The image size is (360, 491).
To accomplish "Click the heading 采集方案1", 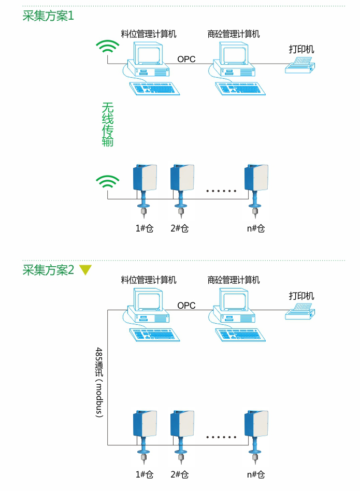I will click(48, 16).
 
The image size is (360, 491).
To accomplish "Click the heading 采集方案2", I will click(48, 270).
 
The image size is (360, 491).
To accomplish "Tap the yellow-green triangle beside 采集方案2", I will click(85, 270).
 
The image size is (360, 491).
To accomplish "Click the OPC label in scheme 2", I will click(186, 306).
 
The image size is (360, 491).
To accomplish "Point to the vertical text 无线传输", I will click(107, 124).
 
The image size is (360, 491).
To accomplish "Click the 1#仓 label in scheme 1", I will click(145, 228).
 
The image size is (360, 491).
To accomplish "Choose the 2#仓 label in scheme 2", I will click(179, 474).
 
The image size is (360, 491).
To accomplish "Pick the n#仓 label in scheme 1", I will click(255, 228).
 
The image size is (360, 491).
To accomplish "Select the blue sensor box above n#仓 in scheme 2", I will click(257, 423).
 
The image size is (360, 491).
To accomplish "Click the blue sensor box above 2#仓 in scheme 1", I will click(182, 177).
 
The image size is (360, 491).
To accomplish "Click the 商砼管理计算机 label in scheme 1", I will click(233, 34).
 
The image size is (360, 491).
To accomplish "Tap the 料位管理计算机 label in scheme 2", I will click(149, 280).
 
